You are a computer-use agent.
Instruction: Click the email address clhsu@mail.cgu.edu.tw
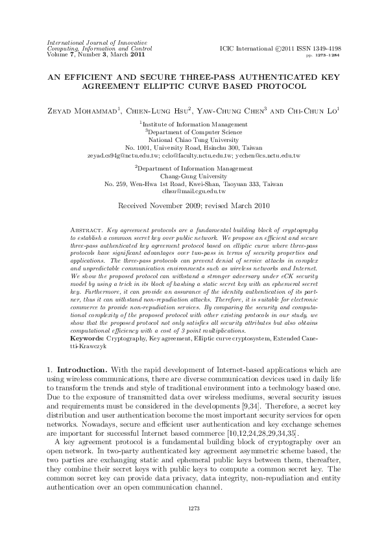tap(193, 192)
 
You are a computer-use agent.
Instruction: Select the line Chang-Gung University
tap(193, 175)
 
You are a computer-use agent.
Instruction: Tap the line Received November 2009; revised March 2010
tap(193, 206)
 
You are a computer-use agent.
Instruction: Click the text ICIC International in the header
tap(245, 49)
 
